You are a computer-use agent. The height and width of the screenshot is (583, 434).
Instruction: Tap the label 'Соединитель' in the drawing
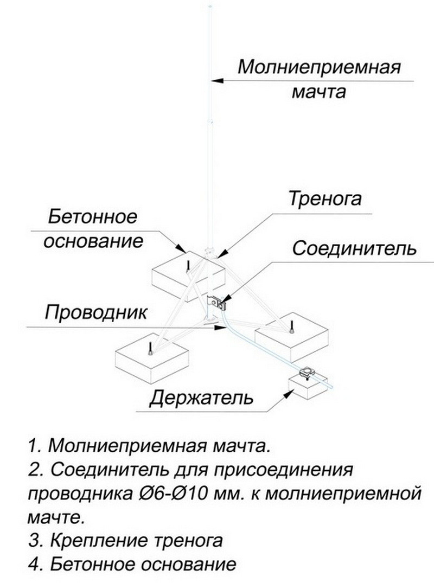(x=354, y=248)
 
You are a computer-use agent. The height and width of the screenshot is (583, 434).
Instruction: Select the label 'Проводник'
(x=96, y=313)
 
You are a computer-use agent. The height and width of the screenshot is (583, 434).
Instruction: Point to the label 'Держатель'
(x=201, y=399)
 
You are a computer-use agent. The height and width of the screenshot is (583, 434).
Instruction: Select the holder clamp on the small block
(x=308, y=373)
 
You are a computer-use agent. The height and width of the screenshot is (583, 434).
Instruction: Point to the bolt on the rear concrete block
(x=187, y=265)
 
